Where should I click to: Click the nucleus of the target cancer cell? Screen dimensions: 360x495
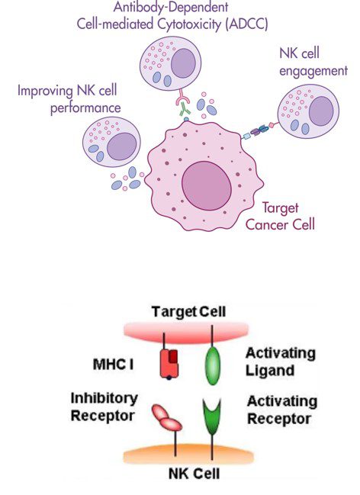207,186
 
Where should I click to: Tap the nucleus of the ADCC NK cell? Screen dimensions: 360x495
184,63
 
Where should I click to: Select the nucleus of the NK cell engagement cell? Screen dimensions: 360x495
321,111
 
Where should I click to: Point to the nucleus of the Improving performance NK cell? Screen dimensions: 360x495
122,146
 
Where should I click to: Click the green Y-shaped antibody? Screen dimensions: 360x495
185,111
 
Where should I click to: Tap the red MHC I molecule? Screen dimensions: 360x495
169,363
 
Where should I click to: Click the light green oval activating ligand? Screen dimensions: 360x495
213,365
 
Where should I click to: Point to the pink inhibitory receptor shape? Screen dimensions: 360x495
167,417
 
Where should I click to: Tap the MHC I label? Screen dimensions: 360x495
113,365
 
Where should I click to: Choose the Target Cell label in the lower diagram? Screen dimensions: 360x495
188,311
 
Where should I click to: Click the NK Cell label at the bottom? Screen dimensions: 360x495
194,474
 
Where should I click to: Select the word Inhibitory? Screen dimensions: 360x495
104,398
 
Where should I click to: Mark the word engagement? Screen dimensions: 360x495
313,71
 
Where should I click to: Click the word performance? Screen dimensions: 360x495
85,108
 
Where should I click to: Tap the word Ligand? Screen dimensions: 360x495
270,371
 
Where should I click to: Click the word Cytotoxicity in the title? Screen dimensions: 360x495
189,24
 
